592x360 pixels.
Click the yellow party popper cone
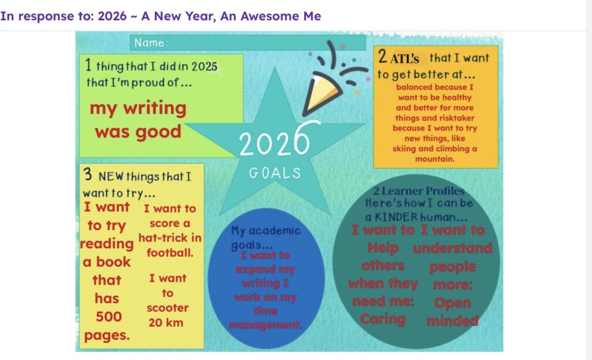click(321, 92)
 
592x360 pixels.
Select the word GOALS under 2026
click(275, 173)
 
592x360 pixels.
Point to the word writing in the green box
click(155, 109)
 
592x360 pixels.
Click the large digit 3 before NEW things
click(88, 175)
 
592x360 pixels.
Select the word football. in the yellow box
click(170, 253)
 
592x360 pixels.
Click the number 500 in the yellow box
click(109, 317)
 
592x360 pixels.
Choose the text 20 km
click(166, 322)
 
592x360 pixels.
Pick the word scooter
click(168, 308)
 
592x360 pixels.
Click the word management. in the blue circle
click(265, 325)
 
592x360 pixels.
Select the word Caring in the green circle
click(383, 319)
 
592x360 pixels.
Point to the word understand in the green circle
click(452, 248)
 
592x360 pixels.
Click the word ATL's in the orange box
click(404, 59)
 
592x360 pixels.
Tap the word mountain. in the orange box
click(435, 159)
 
